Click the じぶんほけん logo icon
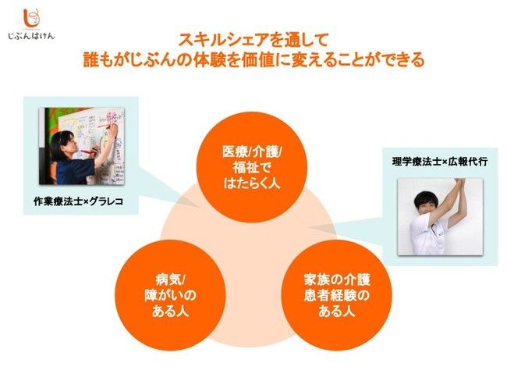click(x=32, y=18)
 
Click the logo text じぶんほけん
click(x=31, y=36)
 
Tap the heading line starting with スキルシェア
click(x=253, y=40)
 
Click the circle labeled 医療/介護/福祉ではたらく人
click(x=252, y=167)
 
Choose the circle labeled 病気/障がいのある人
click(x=170, y=295)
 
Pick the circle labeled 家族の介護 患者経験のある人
click(x=336, y=295)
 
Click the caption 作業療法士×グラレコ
click(x=79, y=201)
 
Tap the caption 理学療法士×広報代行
click(x=439, y=161)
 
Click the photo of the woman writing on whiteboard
click(x=81, y=146)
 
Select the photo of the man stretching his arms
click(x=440, y=216)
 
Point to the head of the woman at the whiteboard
click(x=64, y=142)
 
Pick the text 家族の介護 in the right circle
click(x=337, y=279)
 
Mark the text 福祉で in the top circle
click(x=252, y=167)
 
